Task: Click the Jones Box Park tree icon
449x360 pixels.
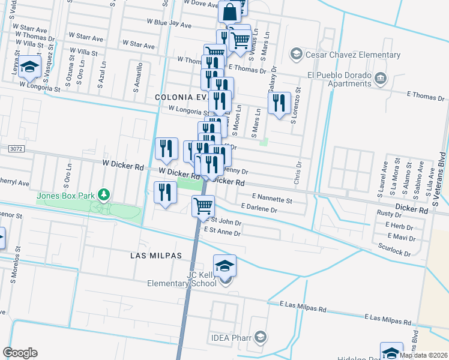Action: [x=105, y=194]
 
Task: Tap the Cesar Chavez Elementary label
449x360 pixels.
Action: [x=352, y=55]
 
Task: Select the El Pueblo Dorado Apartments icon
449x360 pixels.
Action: [x=380, y=78]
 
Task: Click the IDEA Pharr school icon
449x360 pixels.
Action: [x=260, y=337]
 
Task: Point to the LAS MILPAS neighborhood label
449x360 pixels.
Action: [x=156, y=256]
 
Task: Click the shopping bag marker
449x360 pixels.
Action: [x=230, y=11]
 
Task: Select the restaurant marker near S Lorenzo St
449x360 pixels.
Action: [x=279, y=104]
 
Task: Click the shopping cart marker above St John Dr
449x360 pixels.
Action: [x=203, y=206]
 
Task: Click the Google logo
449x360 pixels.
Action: [x=20, y=353]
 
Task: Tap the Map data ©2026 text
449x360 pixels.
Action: [x=423, y=355]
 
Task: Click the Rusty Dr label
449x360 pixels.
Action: [x=390, y=214]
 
